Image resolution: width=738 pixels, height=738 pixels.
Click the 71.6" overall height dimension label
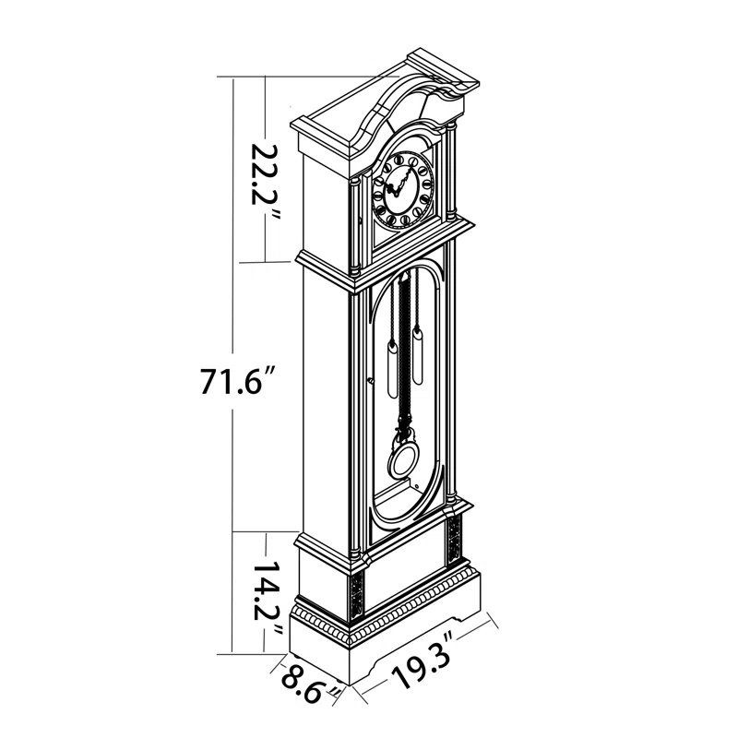tap(237, 380)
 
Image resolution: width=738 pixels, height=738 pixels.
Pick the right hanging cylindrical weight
tap(419, 356)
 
